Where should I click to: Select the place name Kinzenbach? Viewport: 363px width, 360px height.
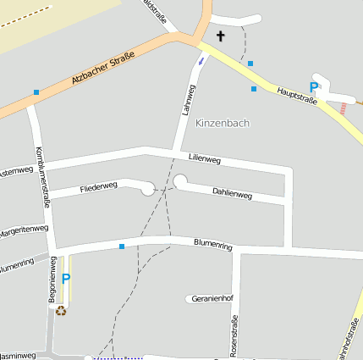tap(223, 124)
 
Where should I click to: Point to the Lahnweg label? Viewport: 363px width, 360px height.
tap(188, 100)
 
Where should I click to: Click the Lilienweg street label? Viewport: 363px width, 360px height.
tap(205, 158)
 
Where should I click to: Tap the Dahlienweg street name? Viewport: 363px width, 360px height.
tap(232, 193)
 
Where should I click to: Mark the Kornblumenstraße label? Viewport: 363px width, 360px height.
tap(43, 177)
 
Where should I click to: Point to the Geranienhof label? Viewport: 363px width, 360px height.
tap(212, 299)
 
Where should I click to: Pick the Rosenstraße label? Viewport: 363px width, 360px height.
tap(234, 334)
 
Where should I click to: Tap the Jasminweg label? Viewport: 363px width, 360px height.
tap(18, 356)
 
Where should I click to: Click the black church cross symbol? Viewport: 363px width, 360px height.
tap(222, 36)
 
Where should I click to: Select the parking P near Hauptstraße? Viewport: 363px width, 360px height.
tap(313, 87)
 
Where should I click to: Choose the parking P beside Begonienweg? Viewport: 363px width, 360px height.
tap(66, 279)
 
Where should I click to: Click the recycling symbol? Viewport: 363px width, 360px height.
tap(61, 310)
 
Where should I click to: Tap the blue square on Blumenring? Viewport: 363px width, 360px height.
tap(121, 246)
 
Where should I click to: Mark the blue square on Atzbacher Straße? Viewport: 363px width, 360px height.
tap(36, 91)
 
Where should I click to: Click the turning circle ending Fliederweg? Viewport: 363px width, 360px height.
tap(148, 189)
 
